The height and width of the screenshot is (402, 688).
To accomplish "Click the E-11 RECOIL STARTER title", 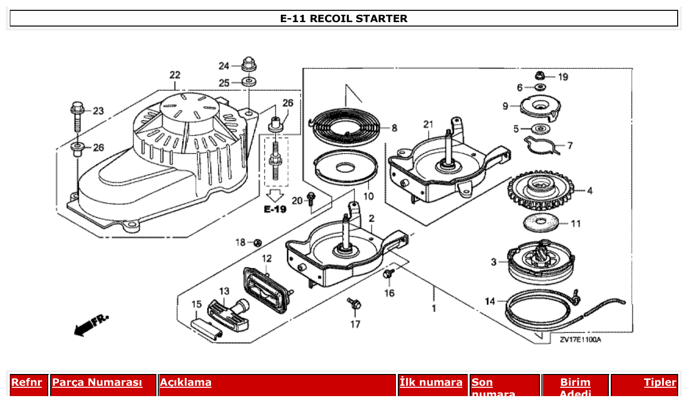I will tap(344, 19).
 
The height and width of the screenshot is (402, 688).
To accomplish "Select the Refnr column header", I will tap(27, 382).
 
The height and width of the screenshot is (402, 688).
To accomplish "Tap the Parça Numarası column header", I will tap(97, 382).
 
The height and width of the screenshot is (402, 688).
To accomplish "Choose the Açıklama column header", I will tap(185, 382).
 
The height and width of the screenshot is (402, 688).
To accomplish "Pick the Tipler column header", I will tap(660, 382).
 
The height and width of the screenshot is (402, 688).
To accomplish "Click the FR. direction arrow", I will tap(91, 325).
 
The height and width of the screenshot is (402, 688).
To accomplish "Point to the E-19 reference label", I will tap(275, 209).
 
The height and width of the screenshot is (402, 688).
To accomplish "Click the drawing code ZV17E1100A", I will tap(580, 340).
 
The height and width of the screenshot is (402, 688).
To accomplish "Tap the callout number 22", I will tap(175, 75).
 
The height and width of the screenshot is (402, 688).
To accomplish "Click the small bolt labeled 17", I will tap(354, 304).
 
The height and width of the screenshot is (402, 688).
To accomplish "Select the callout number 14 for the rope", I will tap(490, 301).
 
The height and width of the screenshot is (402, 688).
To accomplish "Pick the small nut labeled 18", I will tap(257, 242).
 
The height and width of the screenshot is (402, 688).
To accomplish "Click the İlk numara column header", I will tap(431, 382).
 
